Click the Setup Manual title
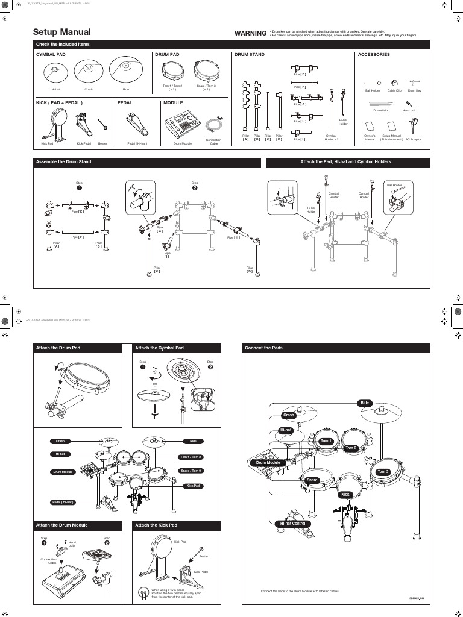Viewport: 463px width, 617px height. click(x=62, y=32)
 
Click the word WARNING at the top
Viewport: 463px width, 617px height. click(x=250, y=33)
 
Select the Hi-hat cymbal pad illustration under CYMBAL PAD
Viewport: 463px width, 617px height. click(x=55, y=73)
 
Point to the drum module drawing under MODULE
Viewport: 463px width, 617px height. click(x=180, y=127)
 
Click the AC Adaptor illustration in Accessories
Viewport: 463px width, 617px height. click(x=414, y=125)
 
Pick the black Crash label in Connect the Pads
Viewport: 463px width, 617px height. click(x=289, y=415)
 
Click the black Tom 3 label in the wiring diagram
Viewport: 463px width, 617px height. click(x=383, y=471)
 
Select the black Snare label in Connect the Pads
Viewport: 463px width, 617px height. click(x=312, y=480)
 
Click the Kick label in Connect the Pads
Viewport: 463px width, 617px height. click(x=345, y=495)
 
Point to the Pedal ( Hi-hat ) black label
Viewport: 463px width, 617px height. click(x=62, y=502)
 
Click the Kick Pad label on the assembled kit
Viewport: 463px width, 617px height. click(x=193, y=486)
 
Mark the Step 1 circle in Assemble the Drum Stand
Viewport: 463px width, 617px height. click(x=78, y=187)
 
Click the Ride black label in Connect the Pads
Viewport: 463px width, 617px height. click(x=364, y=403)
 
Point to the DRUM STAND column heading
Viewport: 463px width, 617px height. click(x=249, y=55)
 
